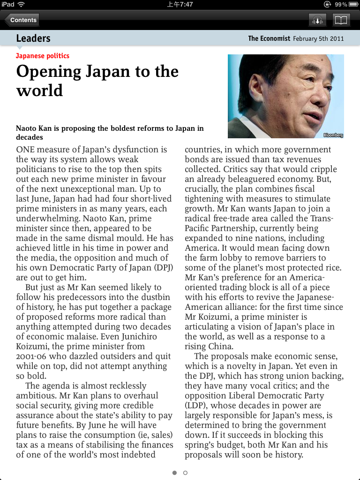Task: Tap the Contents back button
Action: click(x=22, y=20)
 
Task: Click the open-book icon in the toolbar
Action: click(x=341, y=20)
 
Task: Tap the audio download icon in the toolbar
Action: click(x=317, y=20)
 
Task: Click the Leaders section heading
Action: click(x=33, y=38)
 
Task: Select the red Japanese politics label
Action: click(x=43, y=56)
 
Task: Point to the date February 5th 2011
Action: click(x=318, y=38)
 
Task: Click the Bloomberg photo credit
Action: click(x=333, y=135)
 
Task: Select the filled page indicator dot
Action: click(x=174, y=472)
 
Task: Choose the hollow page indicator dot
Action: click(x=185, y=472)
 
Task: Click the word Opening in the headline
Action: click(x=49, y=72)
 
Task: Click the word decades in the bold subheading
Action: click(x=30, y=137)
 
